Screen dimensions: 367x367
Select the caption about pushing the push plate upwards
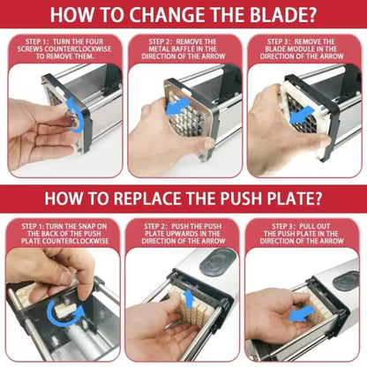click(x=183, y=234)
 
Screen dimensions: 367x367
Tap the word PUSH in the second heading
click(x=251, y=199)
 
